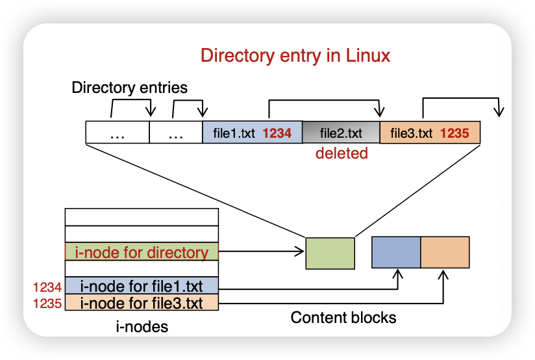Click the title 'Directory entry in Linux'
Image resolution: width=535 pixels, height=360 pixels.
295,56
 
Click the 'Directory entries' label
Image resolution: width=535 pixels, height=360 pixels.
129,88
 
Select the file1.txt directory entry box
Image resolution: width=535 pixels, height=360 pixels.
253,133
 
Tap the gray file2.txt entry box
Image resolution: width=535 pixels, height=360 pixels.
341,133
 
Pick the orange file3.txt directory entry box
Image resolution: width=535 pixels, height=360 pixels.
429,133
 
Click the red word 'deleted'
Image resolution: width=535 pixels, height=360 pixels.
342,153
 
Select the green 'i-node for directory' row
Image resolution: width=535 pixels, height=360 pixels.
142,252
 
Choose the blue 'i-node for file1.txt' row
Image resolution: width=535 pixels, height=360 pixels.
142,286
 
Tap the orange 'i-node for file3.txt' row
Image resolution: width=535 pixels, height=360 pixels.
142,303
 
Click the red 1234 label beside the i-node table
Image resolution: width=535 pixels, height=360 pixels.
47,287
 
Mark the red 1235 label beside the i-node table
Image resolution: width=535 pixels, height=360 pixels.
47,303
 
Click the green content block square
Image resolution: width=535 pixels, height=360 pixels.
330,253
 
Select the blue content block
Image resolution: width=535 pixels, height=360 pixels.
396,253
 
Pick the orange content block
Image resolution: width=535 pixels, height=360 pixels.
445,253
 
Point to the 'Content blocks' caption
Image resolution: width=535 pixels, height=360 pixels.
343,318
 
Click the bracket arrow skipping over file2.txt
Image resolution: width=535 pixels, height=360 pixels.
325,101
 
